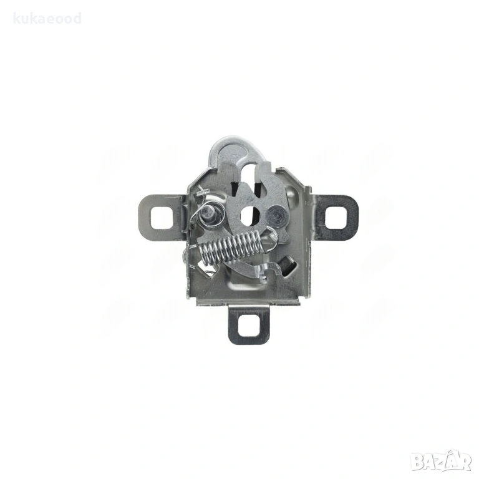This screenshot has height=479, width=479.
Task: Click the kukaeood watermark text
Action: pos(47,19)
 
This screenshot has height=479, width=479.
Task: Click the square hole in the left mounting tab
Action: pos(162,217)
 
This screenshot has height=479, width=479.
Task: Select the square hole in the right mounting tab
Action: pos(336,218)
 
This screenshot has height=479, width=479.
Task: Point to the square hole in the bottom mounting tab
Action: pos(249,325)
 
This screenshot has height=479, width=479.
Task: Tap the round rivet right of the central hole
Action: pos(275,215)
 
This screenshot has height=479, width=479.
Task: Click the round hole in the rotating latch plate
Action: pos(250,215)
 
